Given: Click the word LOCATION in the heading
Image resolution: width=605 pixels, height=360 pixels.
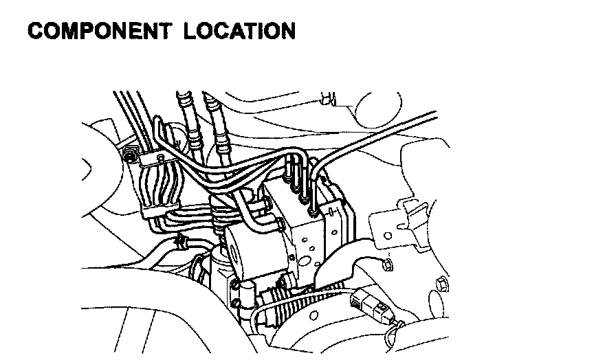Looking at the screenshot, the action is pyautogui.click(x=239, y=32).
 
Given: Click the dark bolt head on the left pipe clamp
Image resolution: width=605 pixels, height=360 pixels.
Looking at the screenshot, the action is pyautogui.click(x=129, y=159).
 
